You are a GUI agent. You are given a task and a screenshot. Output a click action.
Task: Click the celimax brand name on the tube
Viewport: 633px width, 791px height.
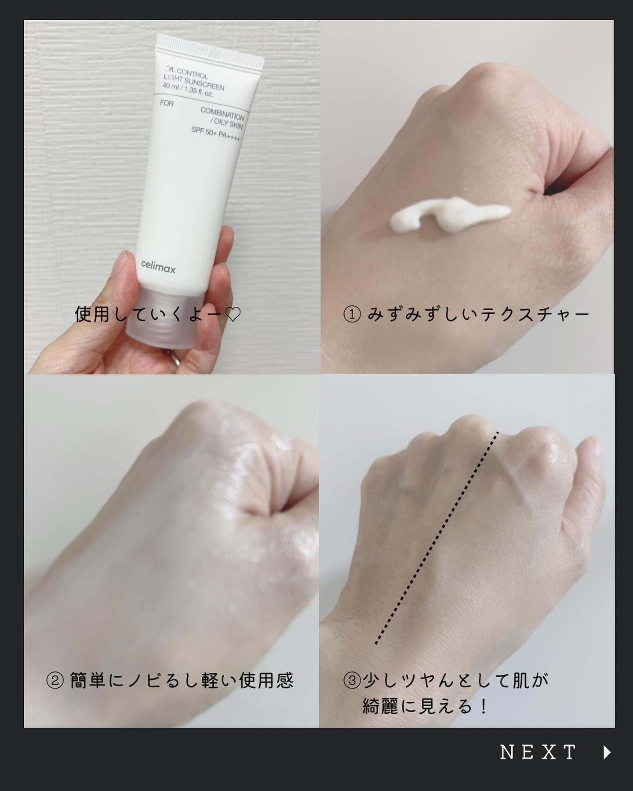(x=158, y=267)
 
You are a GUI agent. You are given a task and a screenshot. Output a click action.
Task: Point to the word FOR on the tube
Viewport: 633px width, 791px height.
(x=167, y=103)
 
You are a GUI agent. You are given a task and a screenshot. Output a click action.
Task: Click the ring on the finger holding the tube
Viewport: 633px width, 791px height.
(x=174, y=356)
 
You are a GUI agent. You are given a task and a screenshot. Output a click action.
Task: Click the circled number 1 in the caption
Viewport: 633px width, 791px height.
(x=352, y=315)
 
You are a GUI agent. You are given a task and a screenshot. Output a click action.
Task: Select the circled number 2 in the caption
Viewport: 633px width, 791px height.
(x=55, y=681)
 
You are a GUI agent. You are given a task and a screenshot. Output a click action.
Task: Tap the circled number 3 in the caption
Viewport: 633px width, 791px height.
(x=352, y=681)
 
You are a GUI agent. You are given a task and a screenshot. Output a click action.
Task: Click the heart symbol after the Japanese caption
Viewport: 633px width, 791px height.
(x=232, y=315)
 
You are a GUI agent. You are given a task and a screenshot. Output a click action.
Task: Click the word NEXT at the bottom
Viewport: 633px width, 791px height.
(x=538, y=752)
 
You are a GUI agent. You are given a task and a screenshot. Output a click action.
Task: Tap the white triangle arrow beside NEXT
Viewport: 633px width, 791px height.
(x=607, y=752)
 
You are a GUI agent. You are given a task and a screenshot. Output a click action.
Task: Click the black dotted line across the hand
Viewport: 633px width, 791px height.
(x=437, y=538)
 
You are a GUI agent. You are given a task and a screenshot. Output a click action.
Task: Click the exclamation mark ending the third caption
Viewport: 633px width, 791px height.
(x=484, y=707)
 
